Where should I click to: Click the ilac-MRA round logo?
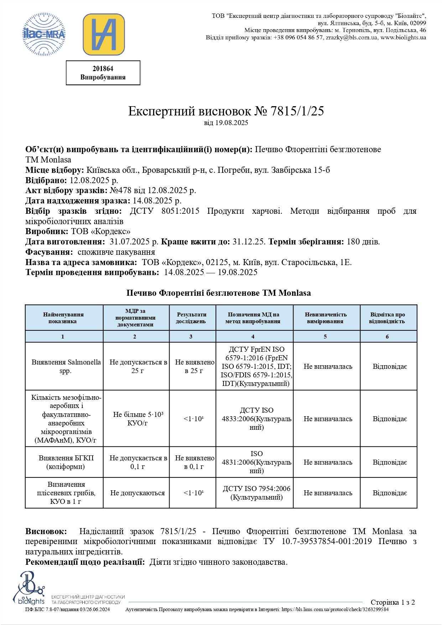pos(44,35)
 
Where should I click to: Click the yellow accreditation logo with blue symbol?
pos(104,35)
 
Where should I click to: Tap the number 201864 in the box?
pos(103,69)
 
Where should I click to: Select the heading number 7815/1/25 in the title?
pos(297,111)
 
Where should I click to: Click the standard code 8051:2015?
pos(180,211)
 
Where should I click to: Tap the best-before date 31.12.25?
pos(249,242)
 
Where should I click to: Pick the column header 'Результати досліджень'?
pos(192,318)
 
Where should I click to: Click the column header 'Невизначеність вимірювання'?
pos(326,318)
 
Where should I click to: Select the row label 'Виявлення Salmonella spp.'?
pos(66,366)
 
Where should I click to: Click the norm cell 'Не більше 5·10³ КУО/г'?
pos(138,419)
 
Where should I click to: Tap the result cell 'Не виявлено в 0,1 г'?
pos(194,462)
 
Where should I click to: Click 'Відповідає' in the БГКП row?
pos(390,462)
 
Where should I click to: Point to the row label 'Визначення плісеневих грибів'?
pos(66,493)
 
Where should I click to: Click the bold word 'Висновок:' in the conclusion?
pos(46,531)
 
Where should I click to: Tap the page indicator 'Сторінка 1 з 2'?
pos(392,602)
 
